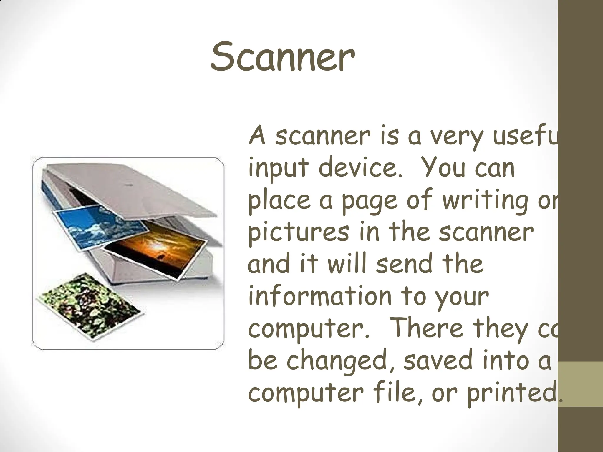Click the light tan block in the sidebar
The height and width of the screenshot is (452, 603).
tap(580, 384)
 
